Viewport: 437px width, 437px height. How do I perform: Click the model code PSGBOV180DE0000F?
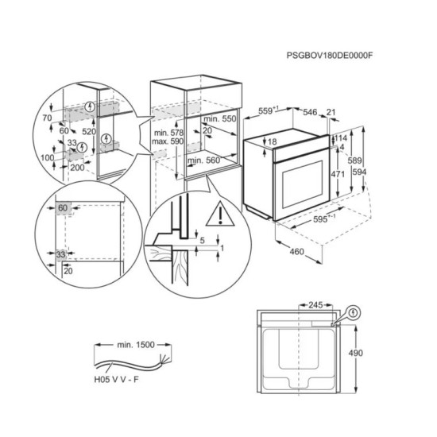pyautogui.click(x=330, y=55)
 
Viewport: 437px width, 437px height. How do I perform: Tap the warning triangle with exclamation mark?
pyautogui.click(x=220, y=214)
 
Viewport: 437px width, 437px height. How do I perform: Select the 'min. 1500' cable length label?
pyautogui.click(x=136, y=345)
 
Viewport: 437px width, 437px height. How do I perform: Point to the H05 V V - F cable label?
pyautogui.click(x=116, y=379)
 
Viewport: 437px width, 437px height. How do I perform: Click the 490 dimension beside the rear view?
pyautogui.click(x=356, y=353)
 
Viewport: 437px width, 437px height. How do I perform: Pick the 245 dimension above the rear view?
pyautogui.click(x=315, y=305)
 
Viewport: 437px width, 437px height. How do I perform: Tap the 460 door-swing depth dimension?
pyautogui.click(x=296, y=252)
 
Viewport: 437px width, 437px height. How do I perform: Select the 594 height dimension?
pyautogui.click(x=359, y=172)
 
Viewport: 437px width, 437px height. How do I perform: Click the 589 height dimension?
pyautogui.click(x=354, y=160)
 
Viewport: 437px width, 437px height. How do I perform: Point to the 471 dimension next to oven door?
pyautogui.click(x=338, y=174)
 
